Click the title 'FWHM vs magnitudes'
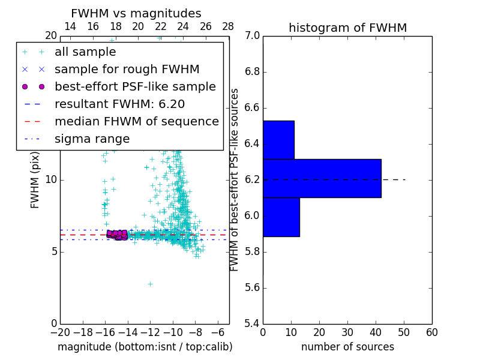click(x=136, y=13)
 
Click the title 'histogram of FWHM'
click(x=347, y=28)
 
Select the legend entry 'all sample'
click(x=85, y=52)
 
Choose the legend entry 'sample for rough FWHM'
click(x=127, y=70)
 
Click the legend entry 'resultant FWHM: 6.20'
click(x=119, y=104)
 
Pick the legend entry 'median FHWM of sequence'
click(x=136, y=122)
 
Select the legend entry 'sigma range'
click(x=92, y=139)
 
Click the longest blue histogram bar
click(x=322, y=178)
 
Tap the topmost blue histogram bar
click(x=278, y=140)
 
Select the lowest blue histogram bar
click(x=281, y=217)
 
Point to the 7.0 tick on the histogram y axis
click(x=252, y=36)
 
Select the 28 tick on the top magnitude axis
click(x=229, y=27)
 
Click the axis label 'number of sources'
click(x=347, y=347)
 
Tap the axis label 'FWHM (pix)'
click(x=35, y=180)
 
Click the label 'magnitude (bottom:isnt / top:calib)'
click(x=145, y=347)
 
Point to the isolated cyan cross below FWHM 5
click(x=150, y=284)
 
